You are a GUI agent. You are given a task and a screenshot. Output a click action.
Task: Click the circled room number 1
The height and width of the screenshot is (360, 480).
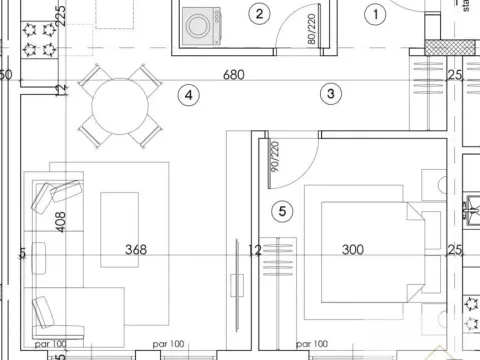pyautogui.click(x=376, y=14)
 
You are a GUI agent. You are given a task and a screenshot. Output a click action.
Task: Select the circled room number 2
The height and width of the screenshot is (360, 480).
pyautogui.click(x=260, y=14)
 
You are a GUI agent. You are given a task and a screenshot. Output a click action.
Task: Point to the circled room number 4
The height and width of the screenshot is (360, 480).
pyautogui.click(x=189, y=95)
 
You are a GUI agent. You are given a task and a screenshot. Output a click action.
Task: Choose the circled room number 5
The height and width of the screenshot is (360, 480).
pyautogui.click(x=283, y=211)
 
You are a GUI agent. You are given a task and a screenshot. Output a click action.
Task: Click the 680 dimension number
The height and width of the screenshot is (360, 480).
pyautogui.click(x=233, y=74)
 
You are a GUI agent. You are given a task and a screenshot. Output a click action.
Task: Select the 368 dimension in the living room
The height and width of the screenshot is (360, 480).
pyautogui.click(x=136, y=250)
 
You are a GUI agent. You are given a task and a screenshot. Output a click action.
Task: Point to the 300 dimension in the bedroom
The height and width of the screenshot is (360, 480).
pyautogui.click(x=352, y=250)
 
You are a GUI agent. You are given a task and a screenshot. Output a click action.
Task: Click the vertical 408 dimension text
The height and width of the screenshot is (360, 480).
pyautogui.click(x=61, y=221)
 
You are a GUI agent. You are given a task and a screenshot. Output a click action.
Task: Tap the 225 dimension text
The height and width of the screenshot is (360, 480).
pyautogui.click(x=61, y=14)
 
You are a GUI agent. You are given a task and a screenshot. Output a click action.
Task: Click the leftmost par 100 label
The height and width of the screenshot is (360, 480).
pyautogui.click(x=50, y=344)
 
